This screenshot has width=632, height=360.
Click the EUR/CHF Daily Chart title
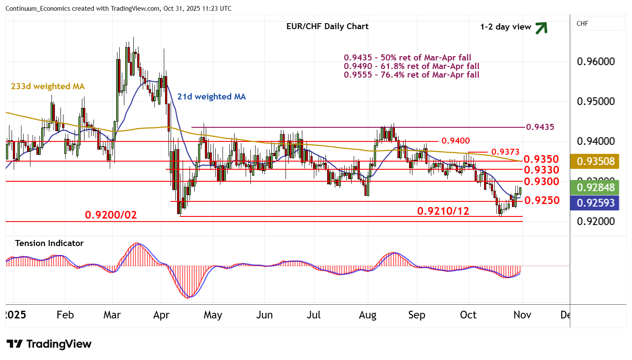click(x=327, y=27)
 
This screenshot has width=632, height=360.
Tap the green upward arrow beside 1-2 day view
click(x=542, y=28)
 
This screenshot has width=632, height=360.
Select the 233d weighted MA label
click(x=48, y=87)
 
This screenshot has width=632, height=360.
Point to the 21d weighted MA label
click(x=211, y=97)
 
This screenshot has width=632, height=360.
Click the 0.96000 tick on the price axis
click(x=596, y=62)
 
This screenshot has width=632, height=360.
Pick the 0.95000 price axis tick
click(x=596, y=102)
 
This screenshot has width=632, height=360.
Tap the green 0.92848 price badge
click(x=595, y=188)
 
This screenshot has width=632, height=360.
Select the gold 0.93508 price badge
click(x=595, y=162)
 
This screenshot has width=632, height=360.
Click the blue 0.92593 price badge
click(x=595, y=203)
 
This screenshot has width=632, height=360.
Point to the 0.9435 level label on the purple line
click(x=540, y=127)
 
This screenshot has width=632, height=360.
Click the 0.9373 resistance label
click(x=505, y=152)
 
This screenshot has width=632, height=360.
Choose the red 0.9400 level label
click(x=455, y=141)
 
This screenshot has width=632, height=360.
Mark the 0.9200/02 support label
click(x=111, y=215)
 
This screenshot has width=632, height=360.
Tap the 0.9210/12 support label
click(x=443, y=211)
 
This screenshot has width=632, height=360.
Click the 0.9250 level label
click(x=542, y=200)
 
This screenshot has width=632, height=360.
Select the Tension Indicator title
click(x=49, y=243)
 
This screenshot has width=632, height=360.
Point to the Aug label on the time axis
click(x=367, y=315)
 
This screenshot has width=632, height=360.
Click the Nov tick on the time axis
click(x=522, y=315)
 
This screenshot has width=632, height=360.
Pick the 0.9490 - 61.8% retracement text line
click(x=411, y=66)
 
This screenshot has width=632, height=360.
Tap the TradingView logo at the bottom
click(x=49, y=344)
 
